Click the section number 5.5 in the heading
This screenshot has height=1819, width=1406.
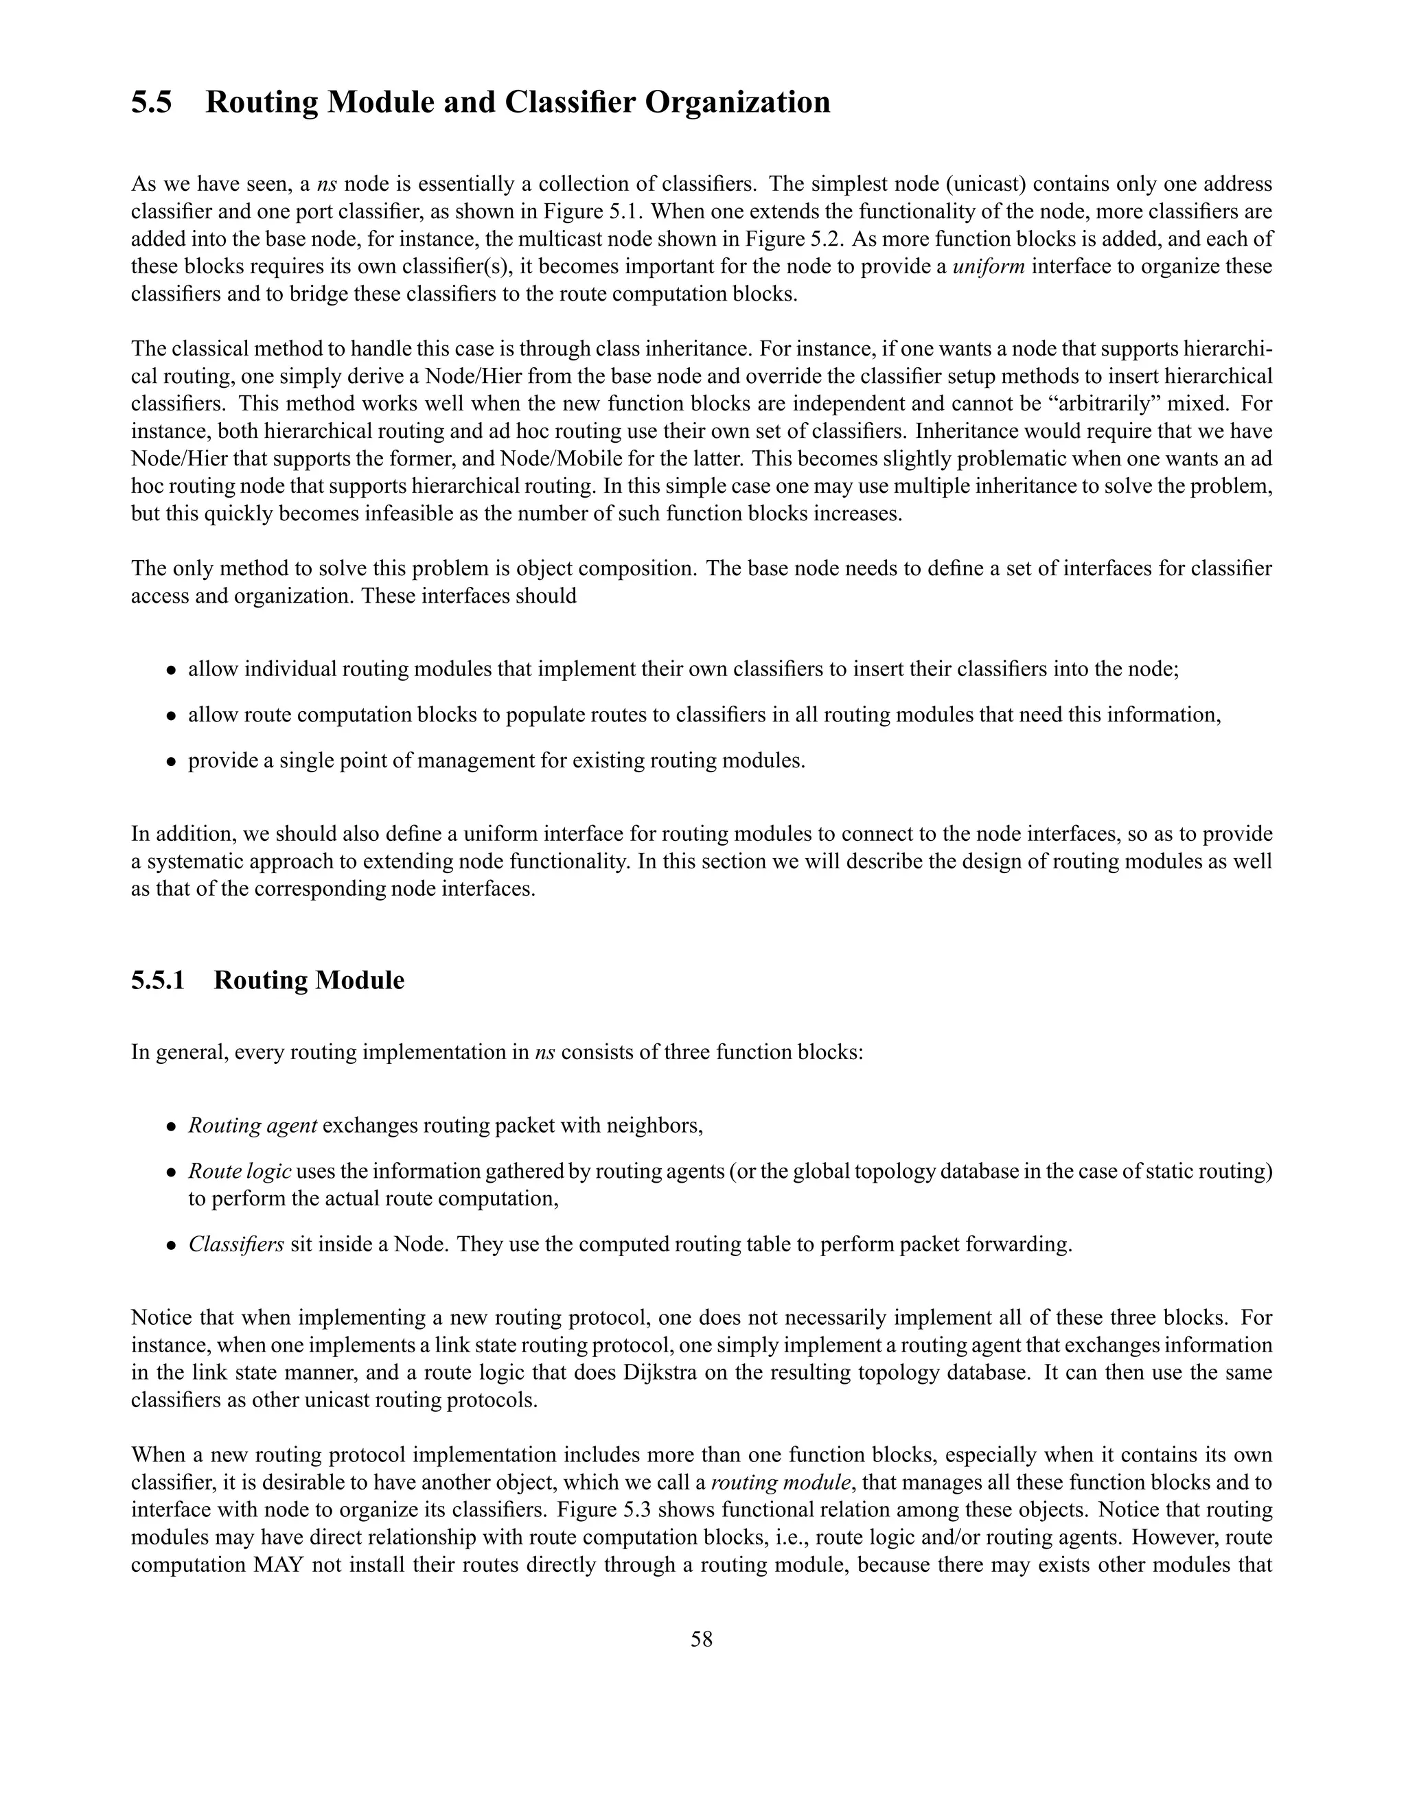(152, 102)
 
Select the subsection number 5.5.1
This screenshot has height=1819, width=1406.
(157, 980)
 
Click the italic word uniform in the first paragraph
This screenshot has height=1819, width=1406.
(987, 266)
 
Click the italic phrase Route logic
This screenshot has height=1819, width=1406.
(239, 1171)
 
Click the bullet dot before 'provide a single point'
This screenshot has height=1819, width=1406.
(171, 761)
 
